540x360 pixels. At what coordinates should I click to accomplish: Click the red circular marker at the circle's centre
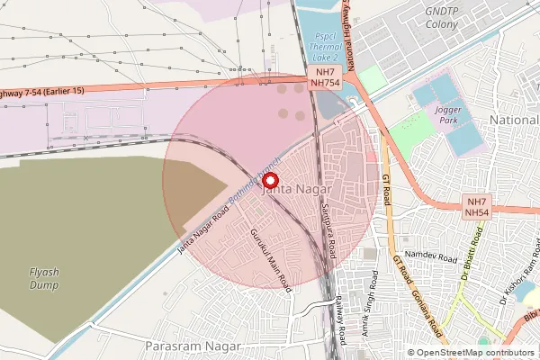268,180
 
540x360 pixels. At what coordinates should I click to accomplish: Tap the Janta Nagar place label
296,191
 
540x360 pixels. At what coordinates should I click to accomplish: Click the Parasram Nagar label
193,346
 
